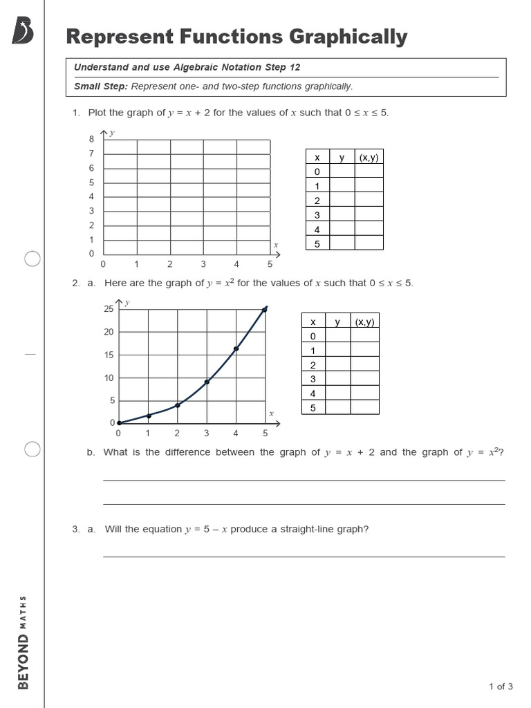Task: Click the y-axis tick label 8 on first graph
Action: click(x=91, y=139)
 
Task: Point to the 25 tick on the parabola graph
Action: click(x=109, y=309)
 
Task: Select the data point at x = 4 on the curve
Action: click(x=236, y=349)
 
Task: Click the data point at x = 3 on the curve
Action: click(x=207, y=382)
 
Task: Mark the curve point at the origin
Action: click(x=119, y=422)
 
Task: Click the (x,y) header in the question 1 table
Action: click(x=369, y=157)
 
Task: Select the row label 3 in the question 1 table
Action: click(x=317, y=214)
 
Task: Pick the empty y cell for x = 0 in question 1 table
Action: click(x=342, y=171)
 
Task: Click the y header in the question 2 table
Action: click(x=337, y=322)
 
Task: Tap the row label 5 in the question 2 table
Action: click(x=313, y=407)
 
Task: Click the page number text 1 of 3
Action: click(x=501, y=687)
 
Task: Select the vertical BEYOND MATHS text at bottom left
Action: click(x=24, y=642)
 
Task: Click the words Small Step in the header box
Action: click(x=101, y=86)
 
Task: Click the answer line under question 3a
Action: click(x=304, y=555)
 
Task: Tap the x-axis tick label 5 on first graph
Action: click(x=270, y=264)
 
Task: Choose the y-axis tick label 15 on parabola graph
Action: click(x=109, y=355)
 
